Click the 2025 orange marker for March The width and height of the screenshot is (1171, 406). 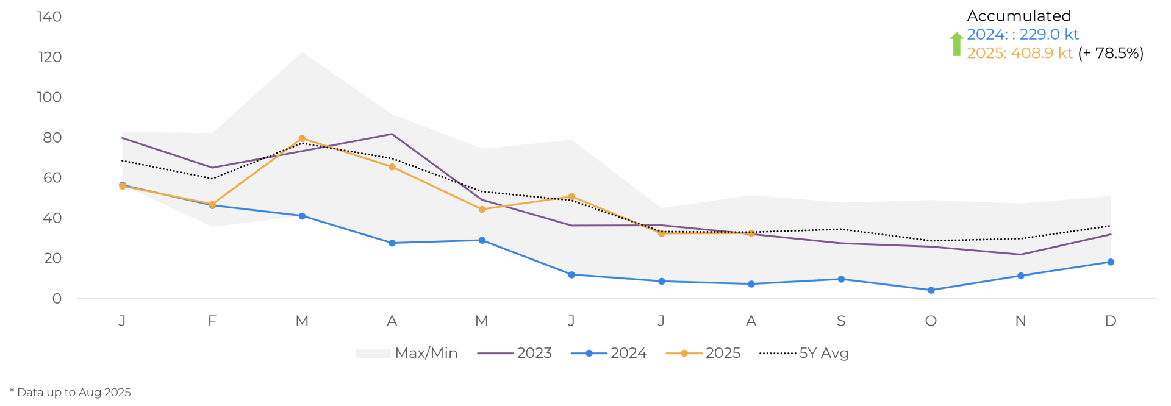pyautogui.click(x=302, y=139)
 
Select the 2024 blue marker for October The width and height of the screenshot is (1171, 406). pyautogui.click(x=931, y=291)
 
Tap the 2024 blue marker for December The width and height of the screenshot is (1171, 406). pyautogui.click(x=1111, y=262)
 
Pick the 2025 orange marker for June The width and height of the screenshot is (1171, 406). pyautogui.click(x=571, y=197)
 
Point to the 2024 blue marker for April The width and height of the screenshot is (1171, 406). pyautogui.click(x=392, y=243)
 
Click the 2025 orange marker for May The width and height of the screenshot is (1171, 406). pyautogui.click(x=482, y=209)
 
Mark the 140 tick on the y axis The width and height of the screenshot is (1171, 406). pyautogui.click(x=49, y=17)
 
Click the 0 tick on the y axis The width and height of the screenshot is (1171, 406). pyautogui.click(x=57, y=299)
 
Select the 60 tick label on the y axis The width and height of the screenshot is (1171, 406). pyautogui.click(x=52, y=178)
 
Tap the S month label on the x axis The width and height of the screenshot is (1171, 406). pyautogui.click(x=841, y=321)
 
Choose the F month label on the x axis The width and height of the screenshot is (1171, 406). pyautogui.click(x=212, y=321)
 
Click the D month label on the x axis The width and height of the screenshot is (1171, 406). pyautogui.click(x=1111, y=321)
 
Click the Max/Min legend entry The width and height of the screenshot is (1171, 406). pyautogui.click(x=406, y=354)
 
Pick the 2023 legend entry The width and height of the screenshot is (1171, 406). pyautogui.click(x=515, y=354)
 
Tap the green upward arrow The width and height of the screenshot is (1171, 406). pyautogui.click(x=956, y=44)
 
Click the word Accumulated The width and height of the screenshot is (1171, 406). pyautogui.click(x=1019, y=16)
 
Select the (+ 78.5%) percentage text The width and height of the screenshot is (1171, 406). pyautogui.click(x=1111, y=53)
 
